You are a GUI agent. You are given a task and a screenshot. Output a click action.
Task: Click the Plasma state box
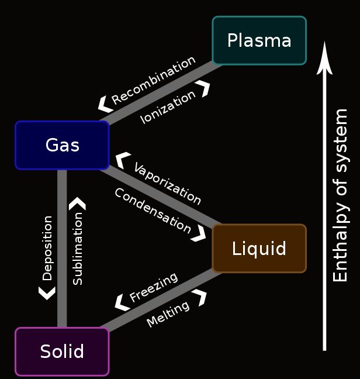(x=259, y=40)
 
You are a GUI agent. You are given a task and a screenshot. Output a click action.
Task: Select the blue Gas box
(x=62, y=145)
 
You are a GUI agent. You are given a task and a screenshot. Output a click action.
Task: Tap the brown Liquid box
(x=259, y=249)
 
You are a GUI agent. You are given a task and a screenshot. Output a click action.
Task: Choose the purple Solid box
(x=62, y=352)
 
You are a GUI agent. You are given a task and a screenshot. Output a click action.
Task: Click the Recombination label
(x=154, y=80)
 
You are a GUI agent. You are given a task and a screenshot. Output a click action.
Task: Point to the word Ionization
(x=168, y=107)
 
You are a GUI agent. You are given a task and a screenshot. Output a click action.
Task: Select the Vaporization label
(x=167, y=184)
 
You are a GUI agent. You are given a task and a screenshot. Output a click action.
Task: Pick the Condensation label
(x=152, y=211)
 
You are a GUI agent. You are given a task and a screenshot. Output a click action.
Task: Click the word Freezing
(x=153, y=287)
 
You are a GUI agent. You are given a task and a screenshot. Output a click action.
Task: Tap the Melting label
(x=168, y=314)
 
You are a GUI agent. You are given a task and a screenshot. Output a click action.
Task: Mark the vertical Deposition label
(x=47, y=248)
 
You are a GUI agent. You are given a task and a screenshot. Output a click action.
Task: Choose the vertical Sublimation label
(x=78, y=249)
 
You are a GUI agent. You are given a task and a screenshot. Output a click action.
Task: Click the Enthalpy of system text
(x=340, y=195)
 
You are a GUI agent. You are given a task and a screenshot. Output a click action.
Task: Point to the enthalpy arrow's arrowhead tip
(x=324, y=42)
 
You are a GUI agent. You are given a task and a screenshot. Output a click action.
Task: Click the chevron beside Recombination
(x=105, y=105)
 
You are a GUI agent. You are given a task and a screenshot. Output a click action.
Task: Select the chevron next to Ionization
(x=203, y=88)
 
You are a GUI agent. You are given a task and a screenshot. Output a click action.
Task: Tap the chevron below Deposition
(x=47, y=292)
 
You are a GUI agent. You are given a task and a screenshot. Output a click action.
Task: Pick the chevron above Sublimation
(x=77, y=204)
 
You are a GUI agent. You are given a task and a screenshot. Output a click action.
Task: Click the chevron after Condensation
(x=199, y=233)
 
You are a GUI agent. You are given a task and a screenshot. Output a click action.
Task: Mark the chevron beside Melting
(x=200, y=297)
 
